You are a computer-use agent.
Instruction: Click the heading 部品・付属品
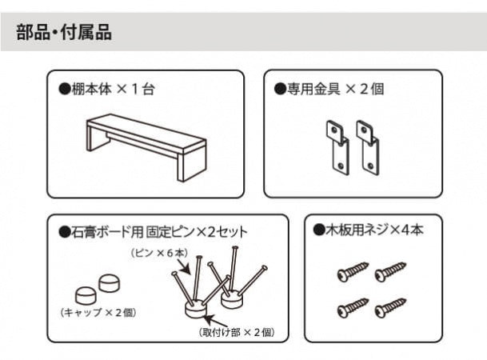64,32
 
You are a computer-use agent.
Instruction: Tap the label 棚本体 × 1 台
107,89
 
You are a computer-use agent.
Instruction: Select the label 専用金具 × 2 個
329,89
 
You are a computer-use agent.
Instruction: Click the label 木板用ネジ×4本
369,230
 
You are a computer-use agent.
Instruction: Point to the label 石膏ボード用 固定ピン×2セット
154,232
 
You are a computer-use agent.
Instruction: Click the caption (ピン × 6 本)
159,253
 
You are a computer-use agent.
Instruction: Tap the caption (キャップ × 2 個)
98,312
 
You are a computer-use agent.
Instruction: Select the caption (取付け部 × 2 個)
237,332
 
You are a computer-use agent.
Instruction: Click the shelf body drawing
146,147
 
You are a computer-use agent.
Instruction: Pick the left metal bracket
338,148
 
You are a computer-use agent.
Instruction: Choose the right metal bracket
368,148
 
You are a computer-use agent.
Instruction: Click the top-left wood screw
353,272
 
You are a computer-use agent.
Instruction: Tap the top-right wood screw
390,272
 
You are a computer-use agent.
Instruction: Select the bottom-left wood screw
353,307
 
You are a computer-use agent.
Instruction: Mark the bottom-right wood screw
390,307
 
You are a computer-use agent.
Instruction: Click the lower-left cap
86,295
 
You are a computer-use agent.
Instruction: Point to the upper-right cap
110,283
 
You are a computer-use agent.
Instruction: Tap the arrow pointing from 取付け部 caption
213,319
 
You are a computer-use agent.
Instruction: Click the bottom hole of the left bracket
341,166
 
